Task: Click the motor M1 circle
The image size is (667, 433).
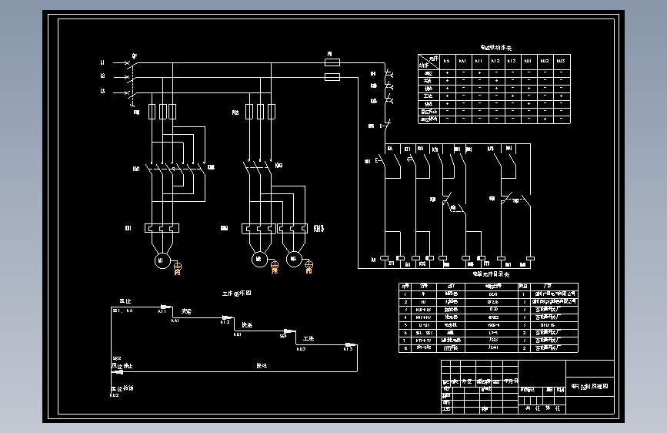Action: [x=162, y=260]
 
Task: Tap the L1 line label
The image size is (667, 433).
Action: [x=102, y=62]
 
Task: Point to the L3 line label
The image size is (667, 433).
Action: [x=102, y=92]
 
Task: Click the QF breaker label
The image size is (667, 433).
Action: [x=134, y=55]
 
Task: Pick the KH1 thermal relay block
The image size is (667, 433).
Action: [x=162, y=228]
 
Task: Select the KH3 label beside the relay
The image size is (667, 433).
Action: [x=318, y=228]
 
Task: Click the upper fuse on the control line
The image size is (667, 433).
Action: [x=333, y=65]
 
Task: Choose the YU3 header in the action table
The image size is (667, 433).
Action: [x=561, y=60]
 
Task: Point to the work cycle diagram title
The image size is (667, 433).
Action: [x=237, y=294]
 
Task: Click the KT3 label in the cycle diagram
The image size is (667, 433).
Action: [x=348, y=349]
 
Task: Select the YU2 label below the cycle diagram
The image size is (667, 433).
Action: [x=114, y=395]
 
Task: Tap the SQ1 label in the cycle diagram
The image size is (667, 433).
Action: [x=283, y=335]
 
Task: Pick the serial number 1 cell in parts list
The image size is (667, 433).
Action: [x=405, y=294]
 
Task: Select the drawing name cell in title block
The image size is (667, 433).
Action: [x=589, y=386]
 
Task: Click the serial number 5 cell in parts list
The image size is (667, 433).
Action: [x=405, y=324]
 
